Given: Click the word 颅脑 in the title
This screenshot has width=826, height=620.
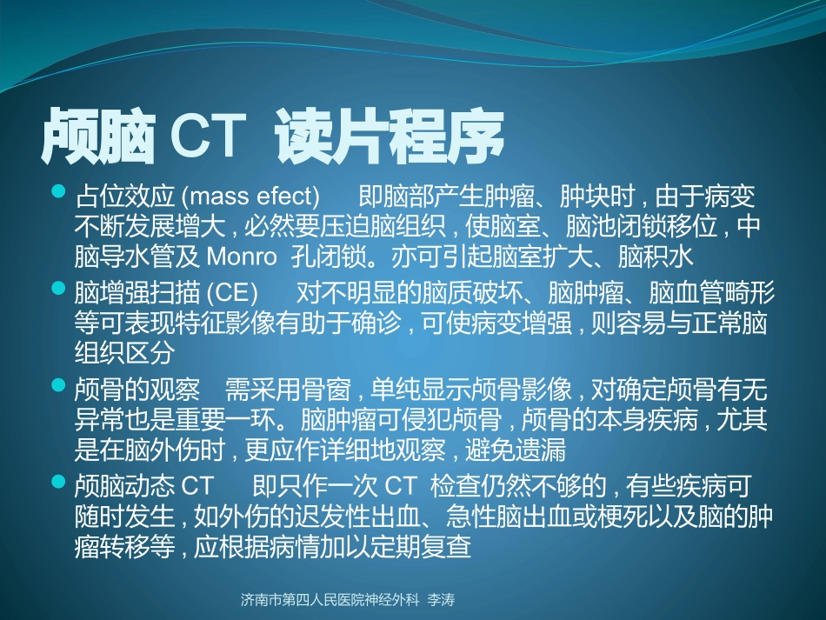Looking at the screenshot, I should click(x=97, y=137).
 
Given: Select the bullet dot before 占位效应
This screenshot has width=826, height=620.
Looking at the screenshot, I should click(x=59, y=190).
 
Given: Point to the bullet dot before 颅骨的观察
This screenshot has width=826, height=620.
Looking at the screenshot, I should click(x=59, y=383).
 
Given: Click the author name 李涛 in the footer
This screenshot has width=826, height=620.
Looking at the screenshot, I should click(x=443, y=600).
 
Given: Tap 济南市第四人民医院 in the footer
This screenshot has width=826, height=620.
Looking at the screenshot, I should click(x=304, y=600).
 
